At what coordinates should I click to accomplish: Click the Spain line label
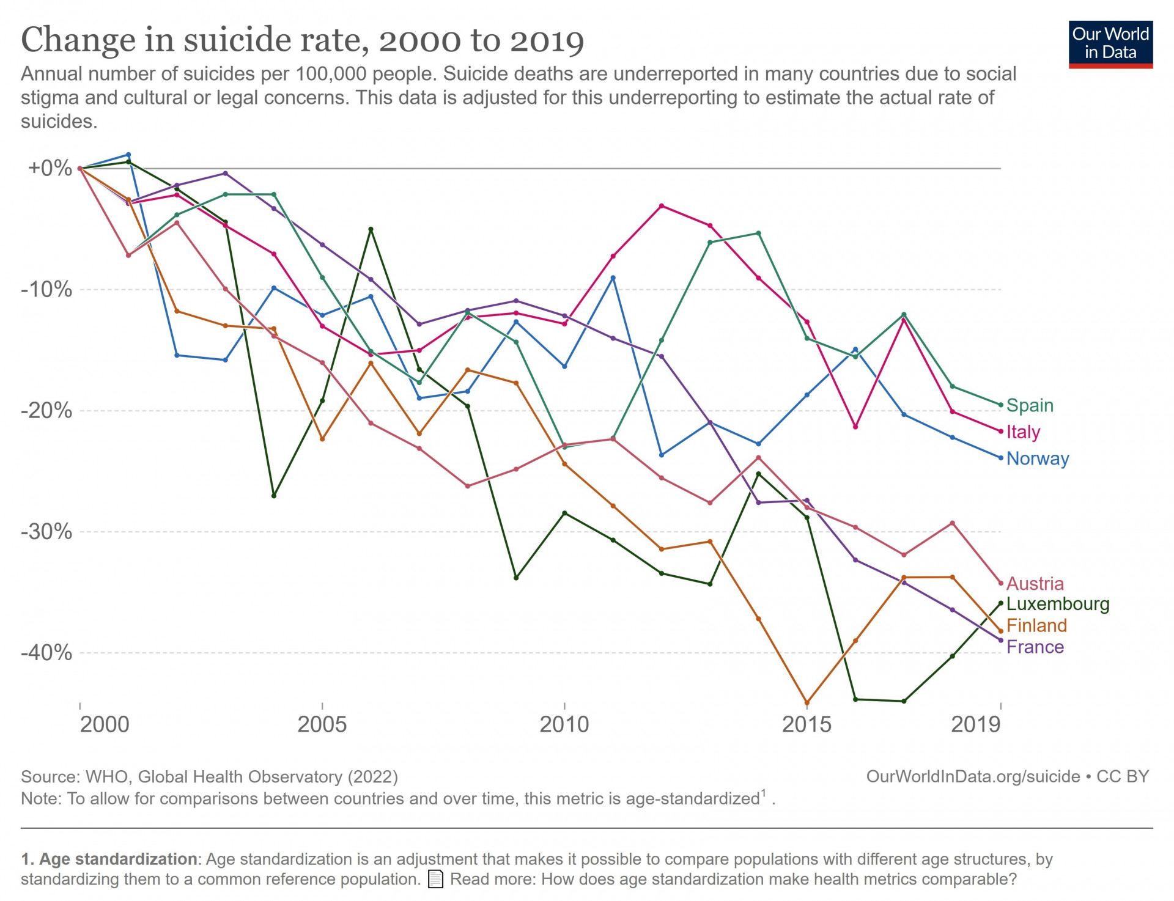pos(1030,405)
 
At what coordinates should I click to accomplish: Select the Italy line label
pos(1023,432)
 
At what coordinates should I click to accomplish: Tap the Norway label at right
pos(1038,458)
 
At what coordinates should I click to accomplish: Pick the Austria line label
pos(1035,583)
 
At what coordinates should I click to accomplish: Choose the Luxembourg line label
pos(1057,604)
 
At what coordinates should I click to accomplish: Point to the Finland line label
pos(1036,625)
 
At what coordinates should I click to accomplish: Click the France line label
pos(1035,647)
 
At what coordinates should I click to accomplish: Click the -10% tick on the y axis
pos(46,289)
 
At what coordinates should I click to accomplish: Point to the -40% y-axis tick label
pos(46,652)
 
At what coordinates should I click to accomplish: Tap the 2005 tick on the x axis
pos(322,724)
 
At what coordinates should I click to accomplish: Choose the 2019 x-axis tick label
pos(976,724)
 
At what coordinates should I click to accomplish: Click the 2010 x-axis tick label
pos(564,724)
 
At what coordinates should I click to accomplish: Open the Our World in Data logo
pos(1110,45)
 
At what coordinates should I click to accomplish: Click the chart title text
pos(303,40)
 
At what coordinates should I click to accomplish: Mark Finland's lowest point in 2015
pos(807,703)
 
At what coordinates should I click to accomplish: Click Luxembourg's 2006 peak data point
pos(371,229)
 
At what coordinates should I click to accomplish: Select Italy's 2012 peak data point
pos(662,206)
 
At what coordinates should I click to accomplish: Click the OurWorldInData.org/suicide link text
pos(973,776)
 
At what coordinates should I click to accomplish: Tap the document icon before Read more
pos(435,880)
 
